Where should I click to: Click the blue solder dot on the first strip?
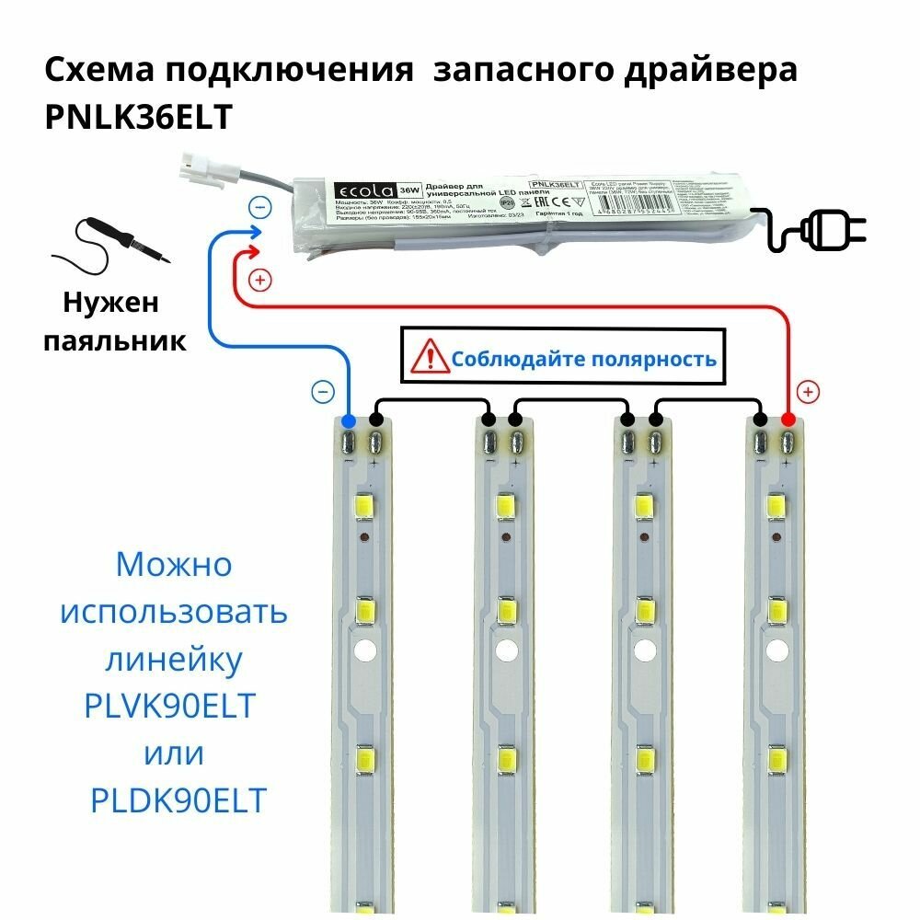(x=348, y=421)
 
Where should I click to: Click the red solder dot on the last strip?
(x=788, y=421)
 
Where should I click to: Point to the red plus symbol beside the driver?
(x=260, y=279)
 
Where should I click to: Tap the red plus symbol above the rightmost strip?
(x=808, y=392)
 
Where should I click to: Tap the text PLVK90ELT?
(x=169, y=707)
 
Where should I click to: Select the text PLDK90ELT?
(x=178, y=801)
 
